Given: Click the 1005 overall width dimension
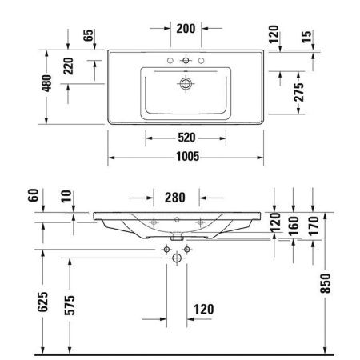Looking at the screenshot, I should (x=188, y=156).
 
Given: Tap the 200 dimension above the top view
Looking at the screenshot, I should (x=186, y=29).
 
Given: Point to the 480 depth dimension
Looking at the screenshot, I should (x=47, y=82).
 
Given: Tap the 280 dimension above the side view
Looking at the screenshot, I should (x=175, y=198).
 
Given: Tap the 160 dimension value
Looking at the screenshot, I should (x=293, y=223).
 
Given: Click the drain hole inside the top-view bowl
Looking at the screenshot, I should (x=187, y=82).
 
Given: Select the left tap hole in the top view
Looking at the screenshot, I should (x=170, y=61).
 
